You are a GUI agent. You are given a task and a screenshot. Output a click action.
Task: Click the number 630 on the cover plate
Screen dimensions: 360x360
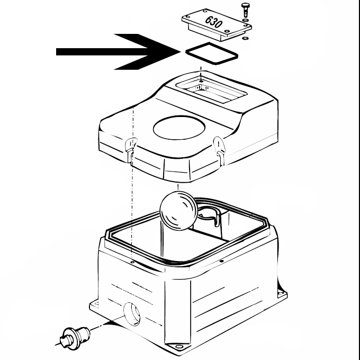214,23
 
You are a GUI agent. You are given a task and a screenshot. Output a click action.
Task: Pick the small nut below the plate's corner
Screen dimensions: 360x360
245,38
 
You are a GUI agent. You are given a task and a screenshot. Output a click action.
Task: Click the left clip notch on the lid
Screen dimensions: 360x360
130,145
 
